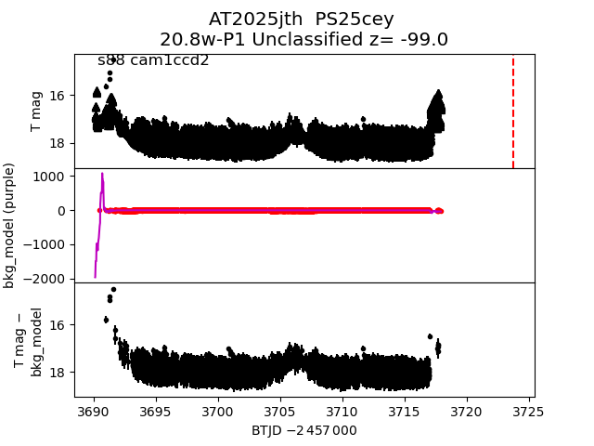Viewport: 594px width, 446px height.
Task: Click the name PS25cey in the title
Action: (x=355, y=20)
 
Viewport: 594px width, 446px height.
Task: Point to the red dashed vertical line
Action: (x=513, y=111)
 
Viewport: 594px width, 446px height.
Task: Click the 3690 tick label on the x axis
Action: (x=94, y=412)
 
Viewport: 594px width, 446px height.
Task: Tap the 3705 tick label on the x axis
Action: (x=280, y=412)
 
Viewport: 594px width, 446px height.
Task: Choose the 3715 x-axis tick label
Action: (x=405, y=412)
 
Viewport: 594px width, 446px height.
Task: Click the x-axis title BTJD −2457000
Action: (x=303, y=430)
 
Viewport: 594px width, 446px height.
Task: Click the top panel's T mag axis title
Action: (x=37, y=111)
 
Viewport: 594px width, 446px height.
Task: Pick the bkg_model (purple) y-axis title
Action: (x=10, y=225)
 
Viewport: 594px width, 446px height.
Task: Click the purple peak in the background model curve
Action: (x=102, y=174)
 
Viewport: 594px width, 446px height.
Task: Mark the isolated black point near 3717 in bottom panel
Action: (x=430, y=336)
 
